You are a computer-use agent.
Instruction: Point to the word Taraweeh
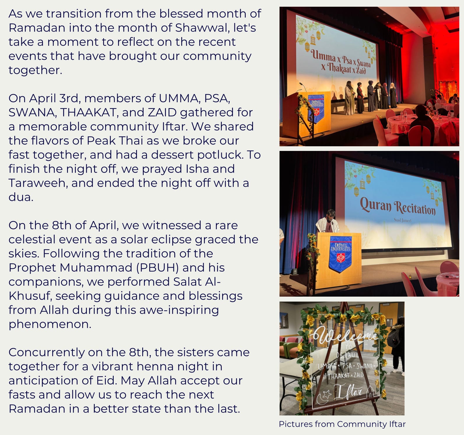(38, 183)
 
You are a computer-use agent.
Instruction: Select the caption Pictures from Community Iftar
(342, 424)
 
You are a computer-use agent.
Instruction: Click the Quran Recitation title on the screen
(398, 206)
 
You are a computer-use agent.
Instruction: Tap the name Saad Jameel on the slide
(403, 220)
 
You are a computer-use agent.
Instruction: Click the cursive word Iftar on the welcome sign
(348, 392)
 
